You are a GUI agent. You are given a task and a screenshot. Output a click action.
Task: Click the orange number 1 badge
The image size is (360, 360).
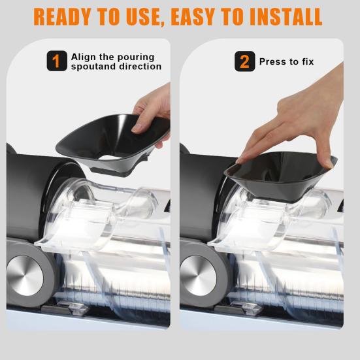56,61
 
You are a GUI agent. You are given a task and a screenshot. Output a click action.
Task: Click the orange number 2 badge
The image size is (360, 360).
244,61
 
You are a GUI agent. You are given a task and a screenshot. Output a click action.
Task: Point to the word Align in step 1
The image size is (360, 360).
83,57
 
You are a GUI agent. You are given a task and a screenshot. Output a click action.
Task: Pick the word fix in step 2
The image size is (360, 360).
306,61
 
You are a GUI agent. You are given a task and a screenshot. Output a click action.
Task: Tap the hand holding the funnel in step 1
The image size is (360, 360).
154,111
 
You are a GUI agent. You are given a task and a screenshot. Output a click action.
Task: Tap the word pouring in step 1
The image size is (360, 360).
128,57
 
